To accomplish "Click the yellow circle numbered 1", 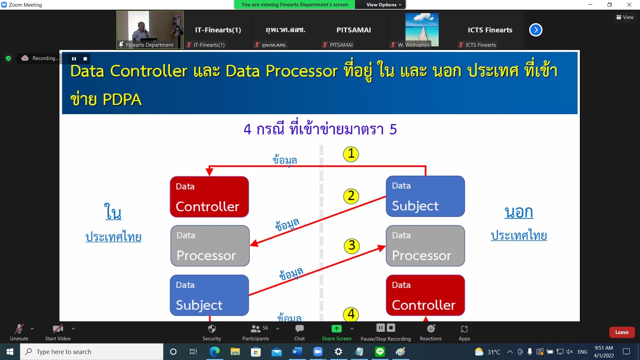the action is pyautogui.click(x=351, y=154).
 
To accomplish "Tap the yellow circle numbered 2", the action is pyautogui.click(x=351, y=196).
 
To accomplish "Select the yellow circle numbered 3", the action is pyautogui.click(x=352, y=246).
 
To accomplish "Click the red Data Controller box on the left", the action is pyautogui.click(x=209, y=197).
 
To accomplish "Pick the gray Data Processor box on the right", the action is pyautogui.click(x=425, y=246).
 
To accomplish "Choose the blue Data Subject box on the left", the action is pyautogui.click(x=209, y=295).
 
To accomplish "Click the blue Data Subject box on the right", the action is pyautogui.click(x=425, y=196).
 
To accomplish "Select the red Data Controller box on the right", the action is pyautogui.click(x=425, y=295).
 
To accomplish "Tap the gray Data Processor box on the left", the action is pyautogui.click(x=210, y=246).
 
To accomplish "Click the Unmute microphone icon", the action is pyautogui.click(x=19, y=329).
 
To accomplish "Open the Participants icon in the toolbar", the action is pyautogui.click(x=255, y=329).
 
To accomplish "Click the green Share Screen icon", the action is pyautogui.click(x=337, y=329).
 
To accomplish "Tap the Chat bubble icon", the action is pyautogui.click(x=299, y=329).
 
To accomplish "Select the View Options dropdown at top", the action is pyautogui.click(x=384, y=5).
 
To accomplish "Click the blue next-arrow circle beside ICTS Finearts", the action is pyautogui.click(x=536, y=30).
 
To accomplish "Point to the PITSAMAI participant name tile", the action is pyautogui.click(x=354, y=30).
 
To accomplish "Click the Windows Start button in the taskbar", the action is pyautogui.click(x=10, y=352).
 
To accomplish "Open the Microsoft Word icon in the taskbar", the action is pyautogui.click(x=297, y=352).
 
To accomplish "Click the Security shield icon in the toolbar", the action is pyautogui.click(x=212, y=329).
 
